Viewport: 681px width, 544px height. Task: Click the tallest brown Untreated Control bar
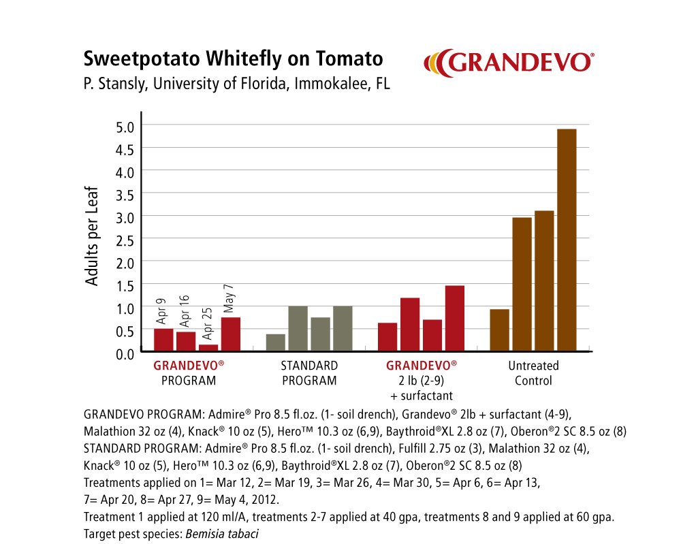pyautogui.click(x=567, y=240)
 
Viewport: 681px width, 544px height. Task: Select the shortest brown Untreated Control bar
pyautogui.click(x=499, y=330)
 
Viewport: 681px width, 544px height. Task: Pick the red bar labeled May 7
pyautogui.click(x=230, y=334)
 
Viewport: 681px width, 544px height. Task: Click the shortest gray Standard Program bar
pyautogui.click(x=275, y=342)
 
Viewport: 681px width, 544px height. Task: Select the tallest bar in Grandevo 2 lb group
pyautogui.click(x=454, y=318)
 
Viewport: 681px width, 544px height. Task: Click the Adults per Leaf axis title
pyautogui.click(x=92, y=236)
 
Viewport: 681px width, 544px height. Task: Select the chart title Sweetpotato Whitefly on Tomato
pyautogui.click(x=233, y=59)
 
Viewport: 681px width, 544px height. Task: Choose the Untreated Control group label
pyautogui.click(x=533, y=373)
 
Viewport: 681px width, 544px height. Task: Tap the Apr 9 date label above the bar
pyautogui.click(x=161, y=313)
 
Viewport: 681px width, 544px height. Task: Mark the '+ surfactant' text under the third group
pyautogui.click(x=422, y=396)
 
